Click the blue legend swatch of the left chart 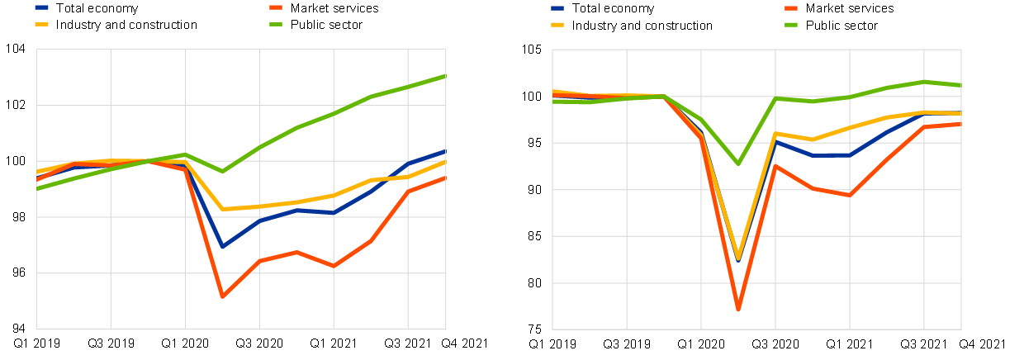(x=41, y=7)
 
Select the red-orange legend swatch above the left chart (x=276, y=7)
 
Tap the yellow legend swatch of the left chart (x=41, y=24)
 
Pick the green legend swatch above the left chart (x=276, y=24)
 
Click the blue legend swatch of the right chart (x=557, y=7)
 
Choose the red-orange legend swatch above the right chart (x=791, y=7)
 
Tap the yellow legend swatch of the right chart (x=557, y=24)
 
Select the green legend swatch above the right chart (x=791, y=24)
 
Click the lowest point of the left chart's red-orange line (x=222, y=296)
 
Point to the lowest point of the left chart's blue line (x=222, y=246)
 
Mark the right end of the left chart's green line (x=445, y=76)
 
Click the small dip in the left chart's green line (x=222, y=171)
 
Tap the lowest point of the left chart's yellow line (x=222, y=209)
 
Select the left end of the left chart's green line (x=37, y=188)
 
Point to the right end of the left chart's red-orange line (x=445, y=178)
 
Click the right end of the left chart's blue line (x=445, y=151)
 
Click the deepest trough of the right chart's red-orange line (x=738, y=310)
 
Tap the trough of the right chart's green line (x=738, y=163)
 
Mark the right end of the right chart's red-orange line (x=960, y=124)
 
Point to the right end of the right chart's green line (x=960, y=85)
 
